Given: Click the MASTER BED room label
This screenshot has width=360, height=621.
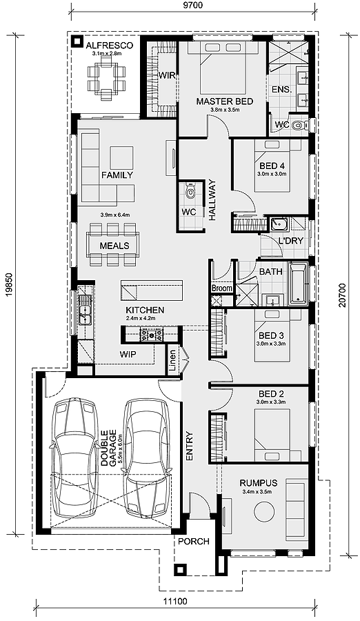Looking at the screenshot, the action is point(225,101).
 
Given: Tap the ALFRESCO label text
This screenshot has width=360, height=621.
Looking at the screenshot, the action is point(109,45).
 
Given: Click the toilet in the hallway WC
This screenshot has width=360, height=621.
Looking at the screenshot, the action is point(191,191).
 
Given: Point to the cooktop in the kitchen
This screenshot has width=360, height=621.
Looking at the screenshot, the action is point(151,335).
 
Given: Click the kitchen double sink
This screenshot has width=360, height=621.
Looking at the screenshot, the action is point(85,310).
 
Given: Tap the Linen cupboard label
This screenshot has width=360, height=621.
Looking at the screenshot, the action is point(172,360).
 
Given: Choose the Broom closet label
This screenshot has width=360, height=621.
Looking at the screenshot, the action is point(222,288).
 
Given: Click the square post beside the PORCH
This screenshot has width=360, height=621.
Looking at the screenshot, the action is point(180,570).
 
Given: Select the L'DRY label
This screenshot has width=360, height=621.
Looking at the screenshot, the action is point(291,240).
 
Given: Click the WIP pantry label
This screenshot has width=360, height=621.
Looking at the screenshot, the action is point(128,354).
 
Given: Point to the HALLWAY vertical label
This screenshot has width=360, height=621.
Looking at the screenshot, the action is point(212,200).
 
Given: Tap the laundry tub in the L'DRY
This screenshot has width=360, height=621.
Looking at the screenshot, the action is point(279,225).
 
